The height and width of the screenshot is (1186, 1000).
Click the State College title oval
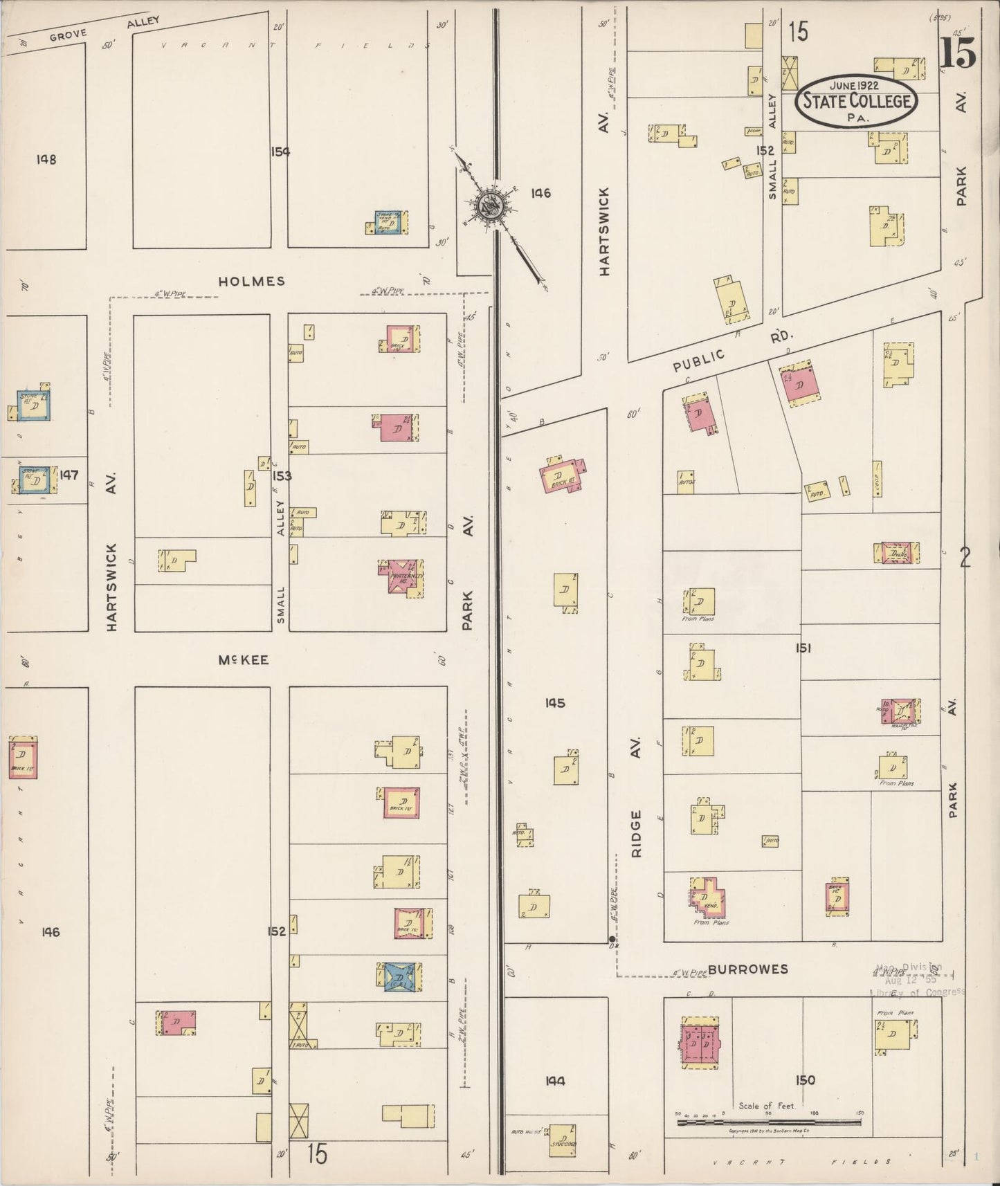tap(857, 101)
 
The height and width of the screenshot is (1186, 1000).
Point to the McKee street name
tap(243, 660)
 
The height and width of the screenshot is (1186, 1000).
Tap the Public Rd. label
tap(734, 351)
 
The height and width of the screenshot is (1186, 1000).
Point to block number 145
tap(555, 703)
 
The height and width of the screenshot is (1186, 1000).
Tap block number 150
tap(805, 1079)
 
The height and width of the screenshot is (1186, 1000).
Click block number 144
tap(555, 1080)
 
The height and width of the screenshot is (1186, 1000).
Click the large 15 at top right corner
tap(958, 54)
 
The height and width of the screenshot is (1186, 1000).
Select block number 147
tap(69, 475)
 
